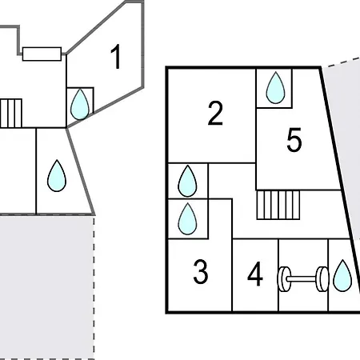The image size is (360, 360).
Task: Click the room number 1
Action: click(x=116, y=57)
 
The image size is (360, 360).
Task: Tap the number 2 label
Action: click(x=215, y=113)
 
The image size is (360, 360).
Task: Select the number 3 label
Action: click(x=201, y=272)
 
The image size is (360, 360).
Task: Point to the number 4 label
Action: click(x=255, y=274)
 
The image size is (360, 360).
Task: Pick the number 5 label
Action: click(x=294, y=140)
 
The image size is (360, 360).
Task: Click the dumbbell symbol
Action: click(x=303, y=279)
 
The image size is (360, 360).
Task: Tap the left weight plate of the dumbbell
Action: click(x=284, y=279)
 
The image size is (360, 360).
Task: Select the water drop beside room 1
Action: click(x=80, y=104)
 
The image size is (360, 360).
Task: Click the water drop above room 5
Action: click(x=275, y=87)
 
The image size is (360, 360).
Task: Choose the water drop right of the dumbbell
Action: click(x=342, y=275)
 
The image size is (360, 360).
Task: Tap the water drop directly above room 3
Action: click(x=187, y=219)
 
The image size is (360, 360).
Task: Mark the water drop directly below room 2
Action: click(x=187, y=181)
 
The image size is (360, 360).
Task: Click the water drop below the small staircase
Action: click(x=57, y=176)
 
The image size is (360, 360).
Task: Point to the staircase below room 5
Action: click(x=278, y=205)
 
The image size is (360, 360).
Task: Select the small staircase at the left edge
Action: click(x=11, y=114)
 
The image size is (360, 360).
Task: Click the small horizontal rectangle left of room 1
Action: click(x=42, y=54)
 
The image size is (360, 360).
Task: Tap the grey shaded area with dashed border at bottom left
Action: click(x=47, y=287)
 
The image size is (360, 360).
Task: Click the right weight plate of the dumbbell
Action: click(x=322, y=279)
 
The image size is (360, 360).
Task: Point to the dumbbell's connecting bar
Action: click(x=303, y=279)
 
